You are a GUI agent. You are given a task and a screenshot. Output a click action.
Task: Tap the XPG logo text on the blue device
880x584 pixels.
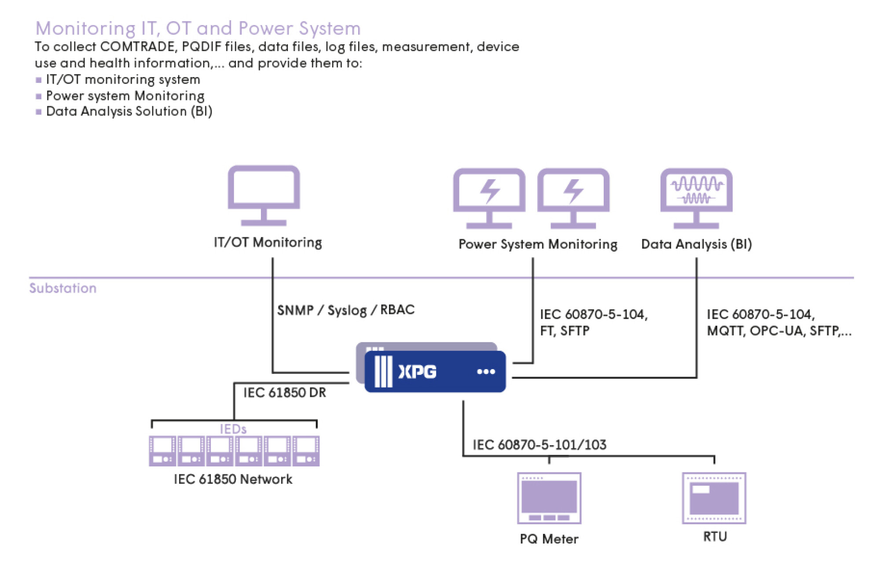[x=417, y=372]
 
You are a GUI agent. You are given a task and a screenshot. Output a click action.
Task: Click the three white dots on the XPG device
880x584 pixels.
[x=486, y=372]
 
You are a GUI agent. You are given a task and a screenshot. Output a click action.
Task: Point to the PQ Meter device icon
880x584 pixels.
[x=549, y=498]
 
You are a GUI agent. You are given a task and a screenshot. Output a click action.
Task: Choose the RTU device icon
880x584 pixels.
[x=714, y=498]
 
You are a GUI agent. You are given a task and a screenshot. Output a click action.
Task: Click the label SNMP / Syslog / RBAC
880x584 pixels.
[x=345, y=310]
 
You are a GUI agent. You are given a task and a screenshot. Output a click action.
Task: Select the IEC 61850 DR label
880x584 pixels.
[x=285, y=392]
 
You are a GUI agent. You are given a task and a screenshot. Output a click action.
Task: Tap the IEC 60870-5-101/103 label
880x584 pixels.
[x=539, y=445]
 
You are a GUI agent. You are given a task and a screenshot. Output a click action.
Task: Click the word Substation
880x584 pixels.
[x=63, y=288]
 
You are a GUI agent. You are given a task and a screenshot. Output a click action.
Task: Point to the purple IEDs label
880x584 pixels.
[x=233, y=429]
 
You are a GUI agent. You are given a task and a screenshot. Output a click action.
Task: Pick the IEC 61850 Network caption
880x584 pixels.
[x=233, y=479]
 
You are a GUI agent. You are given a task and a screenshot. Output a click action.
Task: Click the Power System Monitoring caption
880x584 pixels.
[x=538, y=244]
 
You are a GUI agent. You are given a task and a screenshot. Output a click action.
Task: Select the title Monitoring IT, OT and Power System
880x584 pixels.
[x=198, y=29]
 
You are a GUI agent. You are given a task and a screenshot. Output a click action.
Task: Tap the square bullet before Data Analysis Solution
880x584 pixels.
[x=39, y=112]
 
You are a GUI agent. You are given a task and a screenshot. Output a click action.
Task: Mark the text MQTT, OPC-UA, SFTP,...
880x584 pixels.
[x=778, y=331]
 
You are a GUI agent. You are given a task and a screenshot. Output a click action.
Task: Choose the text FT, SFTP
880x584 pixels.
[x=565, y=331]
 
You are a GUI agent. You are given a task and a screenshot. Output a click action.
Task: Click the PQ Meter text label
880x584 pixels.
[x=549, y=539]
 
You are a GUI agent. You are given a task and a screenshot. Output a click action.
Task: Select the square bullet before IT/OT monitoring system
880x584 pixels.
[x=39, y=80]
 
